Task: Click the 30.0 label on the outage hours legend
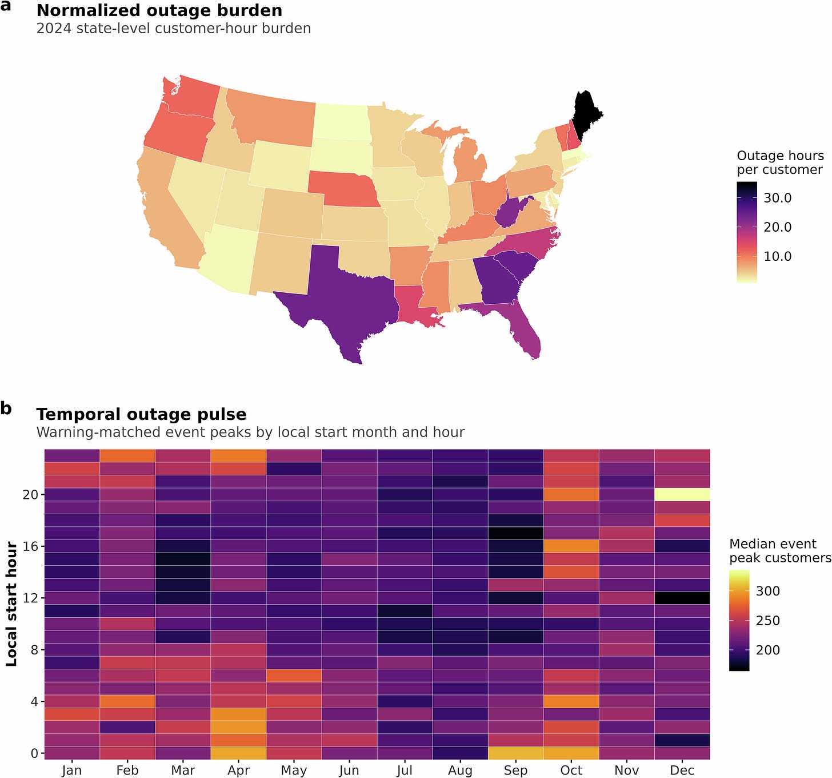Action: coord(778,198)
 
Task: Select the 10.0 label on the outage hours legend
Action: coord(778,256)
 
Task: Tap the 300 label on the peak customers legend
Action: coord(768,591)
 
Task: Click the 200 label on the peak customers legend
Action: coord(768,650)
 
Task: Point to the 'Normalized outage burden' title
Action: coord(159,11)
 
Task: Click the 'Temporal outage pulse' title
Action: coord(141,414)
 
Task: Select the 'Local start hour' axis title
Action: coord(11,604)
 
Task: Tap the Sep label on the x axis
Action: coord(515,770)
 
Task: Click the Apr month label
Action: coord(238,770)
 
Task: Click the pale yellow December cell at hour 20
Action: coord(682,494)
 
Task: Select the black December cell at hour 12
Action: coord(682,598)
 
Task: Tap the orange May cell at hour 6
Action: coord(294,675)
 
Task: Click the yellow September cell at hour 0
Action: coord(515,753)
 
